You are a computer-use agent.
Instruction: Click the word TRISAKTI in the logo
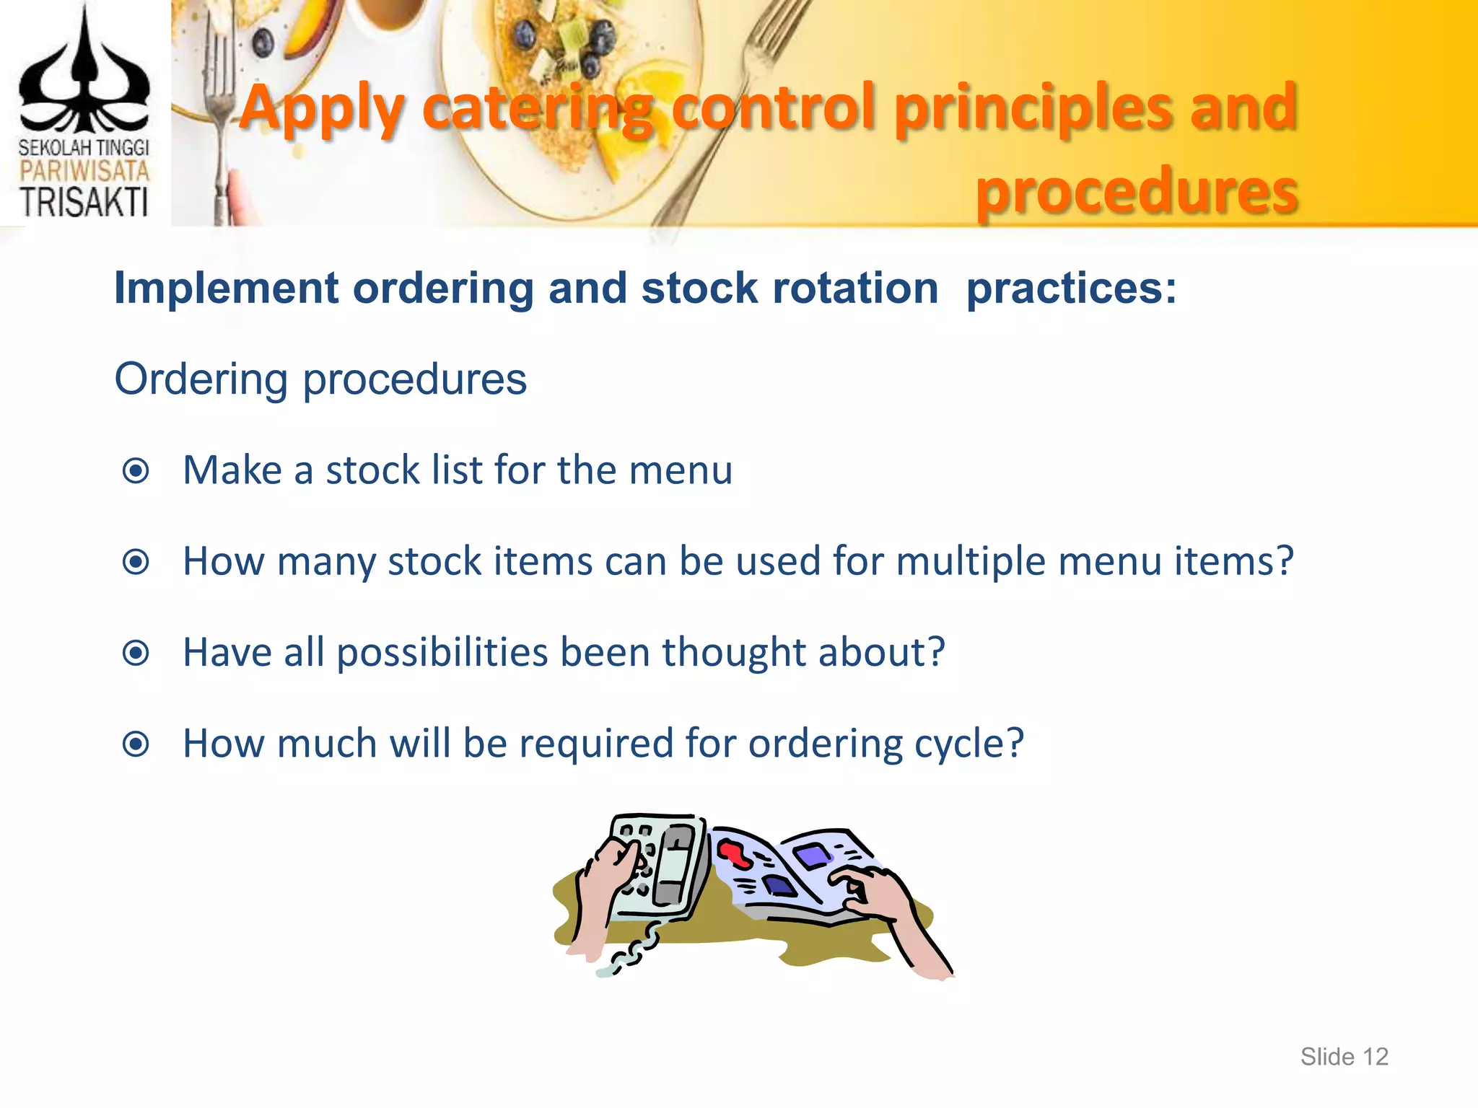[x=84, y=202]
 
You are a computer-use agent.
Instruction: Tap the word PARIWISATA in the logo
[x=84, y=171]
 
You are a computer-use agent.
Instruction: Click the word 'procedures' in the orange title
[x=1137, y=191]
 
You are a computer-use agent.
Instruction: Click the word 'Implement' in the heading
[x=227, y=289]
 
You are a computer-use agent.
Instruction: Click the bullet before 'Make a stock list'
[x=136, y=471]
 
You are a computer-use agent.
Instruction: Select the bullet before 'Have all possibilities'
[x=136, y=653]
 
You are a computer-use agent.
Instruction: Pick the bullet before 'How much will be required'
[x=136, y=744]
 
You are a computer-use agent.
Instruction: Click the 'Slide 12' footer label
[x=1344, y=1057]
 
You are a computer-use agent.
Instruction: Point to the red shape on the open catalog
[x=735, y=853]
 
